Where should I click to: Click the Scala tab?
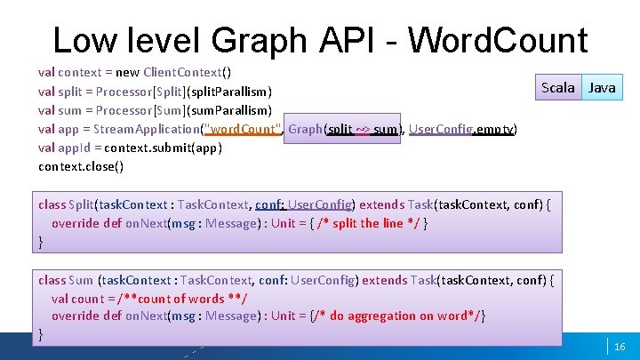click(558, 87)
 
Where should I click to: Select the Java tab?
click(602, 87)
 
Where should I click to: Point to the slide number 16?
click(620, 346)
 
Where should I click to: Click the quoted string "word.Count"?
click(243, 129)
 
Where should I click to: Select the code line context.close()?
click(81, 166)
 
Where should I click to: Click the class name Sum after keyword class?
click(81, 280)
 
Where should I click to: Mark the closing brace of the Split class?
click(41, 242)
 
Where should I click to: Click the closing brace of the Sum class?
click(41, 335)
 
